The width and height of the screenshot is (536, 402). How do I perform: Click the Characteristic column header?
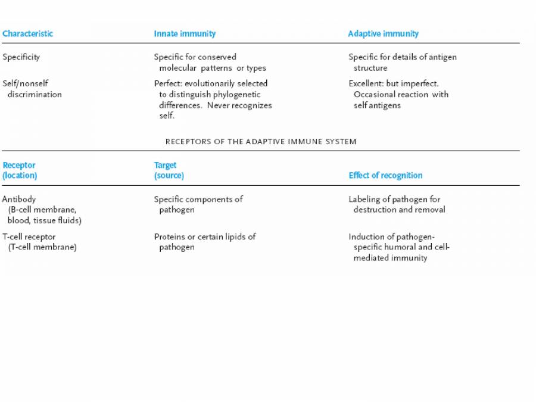27,33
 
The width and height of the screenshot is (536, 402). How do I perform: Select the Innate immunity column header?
185,33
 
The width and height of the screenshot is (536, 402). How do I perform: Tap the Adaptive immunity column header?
383,33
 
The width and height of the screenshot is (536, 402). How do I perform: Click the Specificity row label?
21,57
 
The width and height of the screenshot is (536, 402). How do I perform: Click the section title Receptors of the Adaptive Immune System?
261,142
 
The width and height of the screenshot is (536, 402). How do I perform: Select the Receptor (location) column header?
20,170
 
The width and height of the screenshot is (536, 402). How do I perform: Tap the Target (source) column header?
169,170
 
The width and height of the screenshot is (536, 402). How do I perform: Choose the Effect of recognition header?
385,175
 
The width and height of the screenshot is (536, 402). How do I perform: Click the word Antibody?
18,199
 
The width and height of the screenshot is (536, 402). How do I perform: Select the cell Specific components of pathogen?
198,204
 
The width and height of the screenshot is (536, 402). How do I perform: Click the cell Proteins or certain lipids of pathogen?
204,242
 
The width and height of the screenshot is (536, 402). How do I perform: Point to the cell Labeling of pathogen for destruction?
396,204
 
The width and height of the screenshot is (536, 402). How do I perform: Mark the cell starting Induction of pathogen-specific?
398,247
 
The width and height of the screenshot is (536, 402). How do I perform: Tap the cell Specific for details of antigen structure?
402,63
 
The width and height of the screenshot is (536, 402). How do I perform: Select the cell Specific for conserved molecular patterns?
209,63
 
